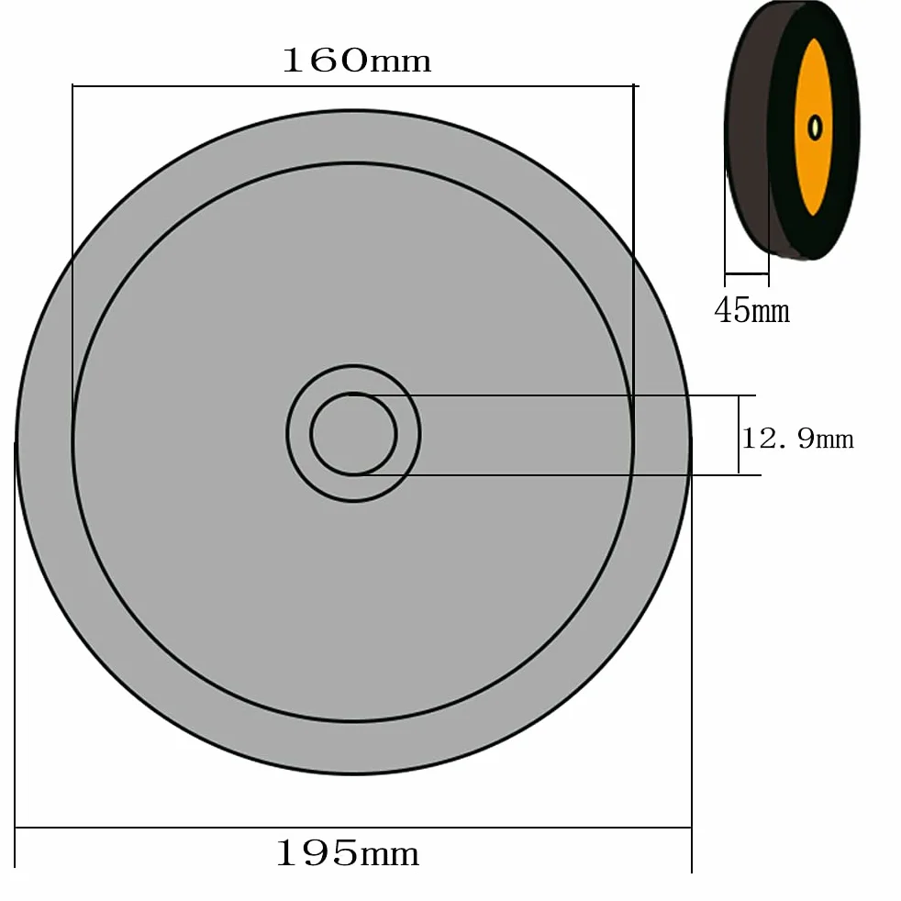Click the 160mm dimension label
pyautogui.click(x=356, y=61)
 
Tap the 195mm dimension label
pyautogui.click(x=348, y=852)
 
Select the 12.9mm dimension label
pyautogui.click(x=797, y=439)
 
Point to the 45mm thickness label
pyautogui.click(x=751, y=310)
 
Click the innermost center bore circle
pyautogui.click(x=353, y=395)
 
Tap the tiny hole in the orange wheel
pyautogui.click(x=815, y=128)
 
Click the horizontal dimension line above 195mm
pyautogui.click(x=353, y=828)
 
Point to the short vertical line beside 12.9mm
pyautogui.click(x=739, y=435)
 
